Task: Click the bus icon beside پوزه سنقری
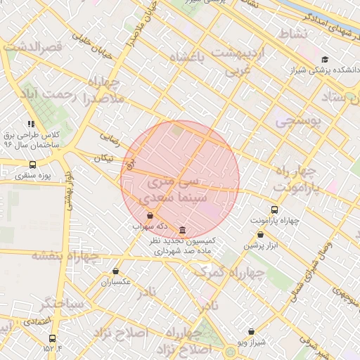tap(32, 165)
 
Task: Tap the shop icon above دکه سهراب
tap(150, 216)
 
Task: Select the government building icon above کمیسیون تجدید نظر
tap(183, 230)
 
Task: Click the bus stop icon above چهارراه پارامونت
tap(274, 210)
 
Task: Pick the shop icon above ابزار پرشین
tap(262, 235)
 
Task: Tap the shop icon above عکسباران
tap(116, 271)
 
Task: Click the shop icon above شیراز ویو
tap(251, 331)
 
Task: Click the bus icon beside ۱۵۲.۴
tap(52, 338)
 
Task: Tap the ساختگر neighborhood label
tap(62, 304)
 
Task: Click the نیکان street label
tap(103, 159)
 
